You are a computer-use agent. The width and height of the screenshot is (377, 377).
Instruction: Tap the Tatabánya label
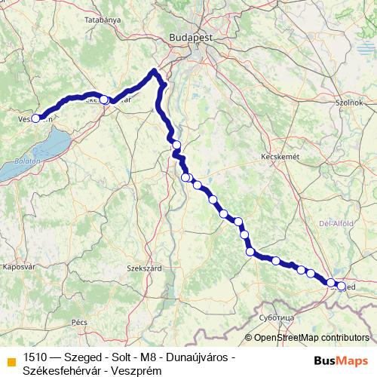(x=103, y=21)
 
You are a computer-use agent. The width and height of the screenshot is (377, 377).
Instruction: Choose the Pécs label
(x=78, y=322)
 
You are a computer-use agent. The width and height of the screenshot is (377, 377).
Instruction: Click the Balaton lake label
(x=25, y=161)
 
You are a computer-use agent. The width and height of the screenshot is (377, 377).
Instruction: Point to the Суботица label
(x=275, y=319)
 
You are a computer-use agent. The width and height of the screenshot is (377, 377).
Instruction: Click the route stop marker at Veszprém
(x=35, y=118)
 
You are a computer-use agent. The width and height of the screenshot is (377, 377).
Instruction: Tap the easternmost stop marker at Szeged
(x=341, y=287)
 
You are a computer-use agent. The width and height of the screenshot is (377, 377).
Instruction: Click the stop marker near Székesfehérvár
(x=104, y=100)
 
